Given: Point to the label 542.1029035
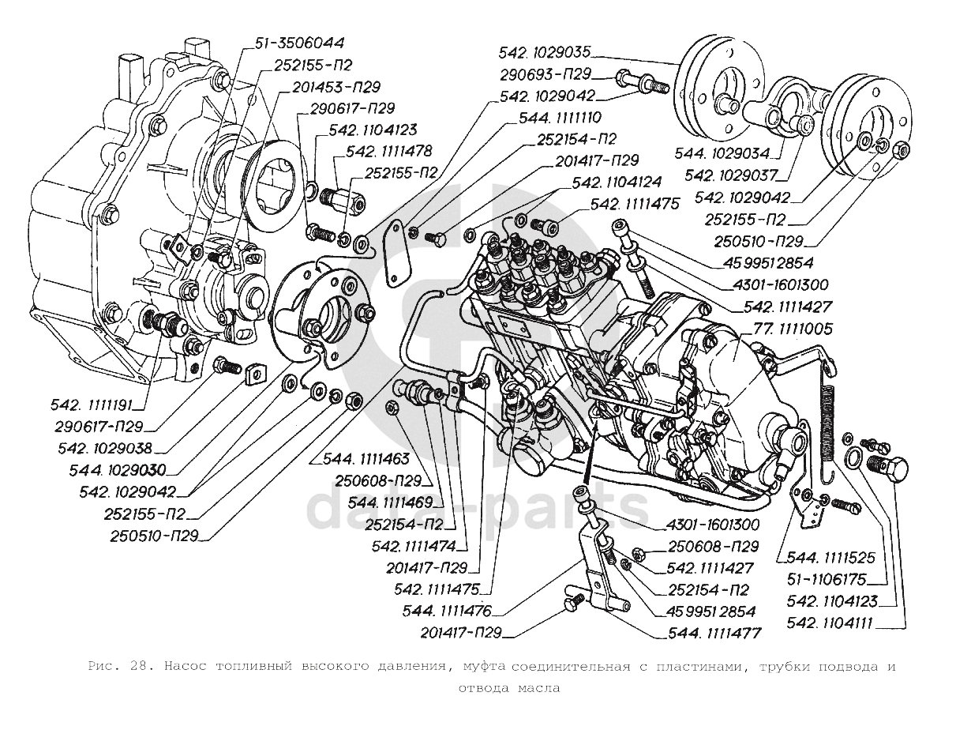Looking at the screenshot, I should [x=545, y=53].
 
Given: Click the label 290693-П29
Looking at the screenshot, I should [x=545, y=75].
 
